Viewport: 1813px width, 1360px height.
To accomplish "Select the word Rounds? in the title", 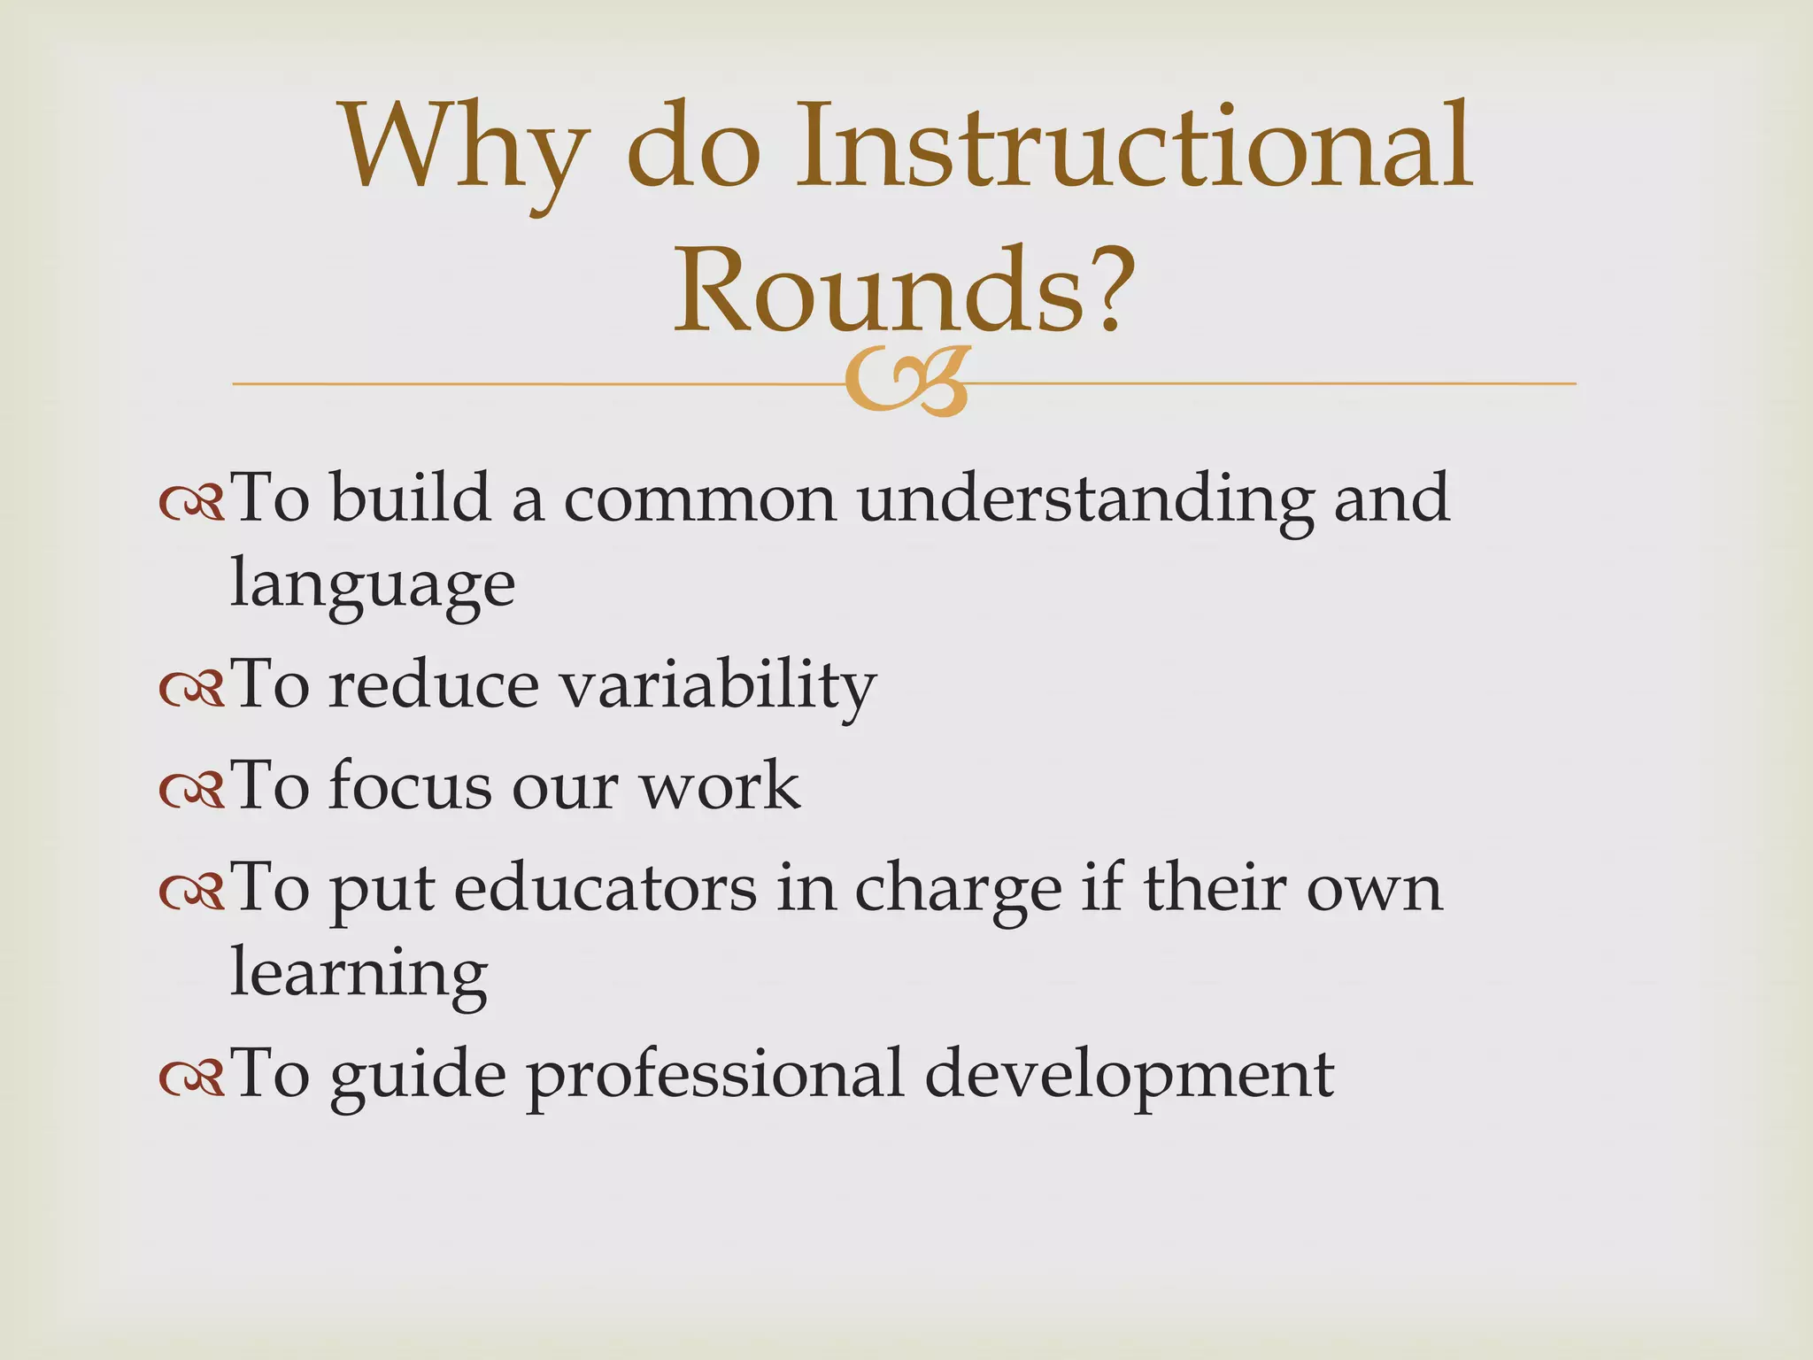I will tap(903, 288).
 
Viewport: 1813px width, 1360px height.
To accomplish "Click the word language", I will tap(372, 584).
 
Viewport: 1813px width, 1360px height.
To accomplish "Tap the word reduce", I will tap(433, 685).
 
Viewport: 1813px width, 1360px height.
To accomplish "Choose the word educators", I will tap(606, 887).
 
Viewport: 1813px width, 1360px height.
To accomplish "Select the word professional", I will tap(715, 1075).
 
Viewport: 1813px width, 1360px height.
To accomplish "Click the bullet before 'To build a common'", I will tap(191, 502).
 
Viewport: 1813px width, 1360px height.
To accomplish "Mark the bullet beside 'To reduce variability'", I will tap(191, 690).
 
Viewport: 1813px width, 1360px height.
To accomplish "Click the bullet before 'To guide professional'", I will tap(191, 1077).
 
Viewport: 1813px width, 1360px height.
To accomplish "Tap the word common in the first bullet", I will tap(699, 498).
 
